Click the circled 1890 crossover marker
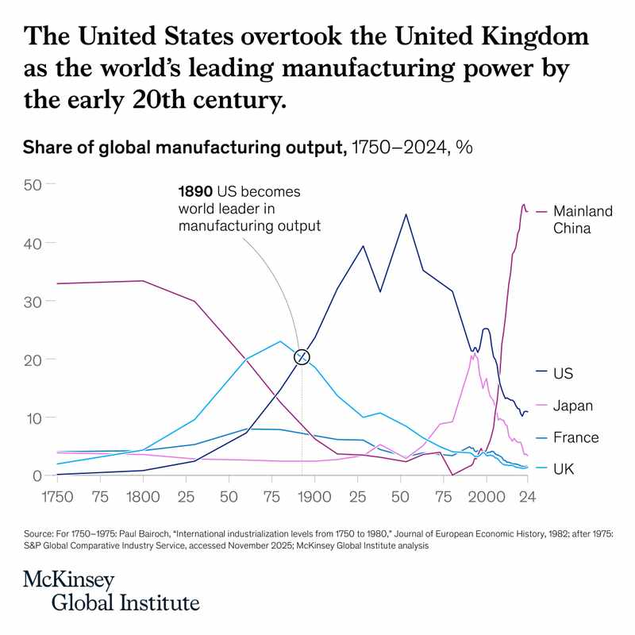click(x=302, y=357)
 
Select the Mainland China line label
click(x=583, y=220)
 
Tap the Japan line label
click(x=574, y=406)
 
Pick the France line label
click(x=576, y=437)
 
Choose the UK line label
click(x=564, y=469)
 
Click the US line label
click(x=564, y=373)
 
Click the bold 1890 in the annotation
click(x=195, y=193)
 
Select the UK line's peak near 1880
click(x=280, y=341)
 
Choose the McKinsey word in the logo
click(x=69, y=579)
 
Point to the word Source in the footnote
click(x=40, y=535)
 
